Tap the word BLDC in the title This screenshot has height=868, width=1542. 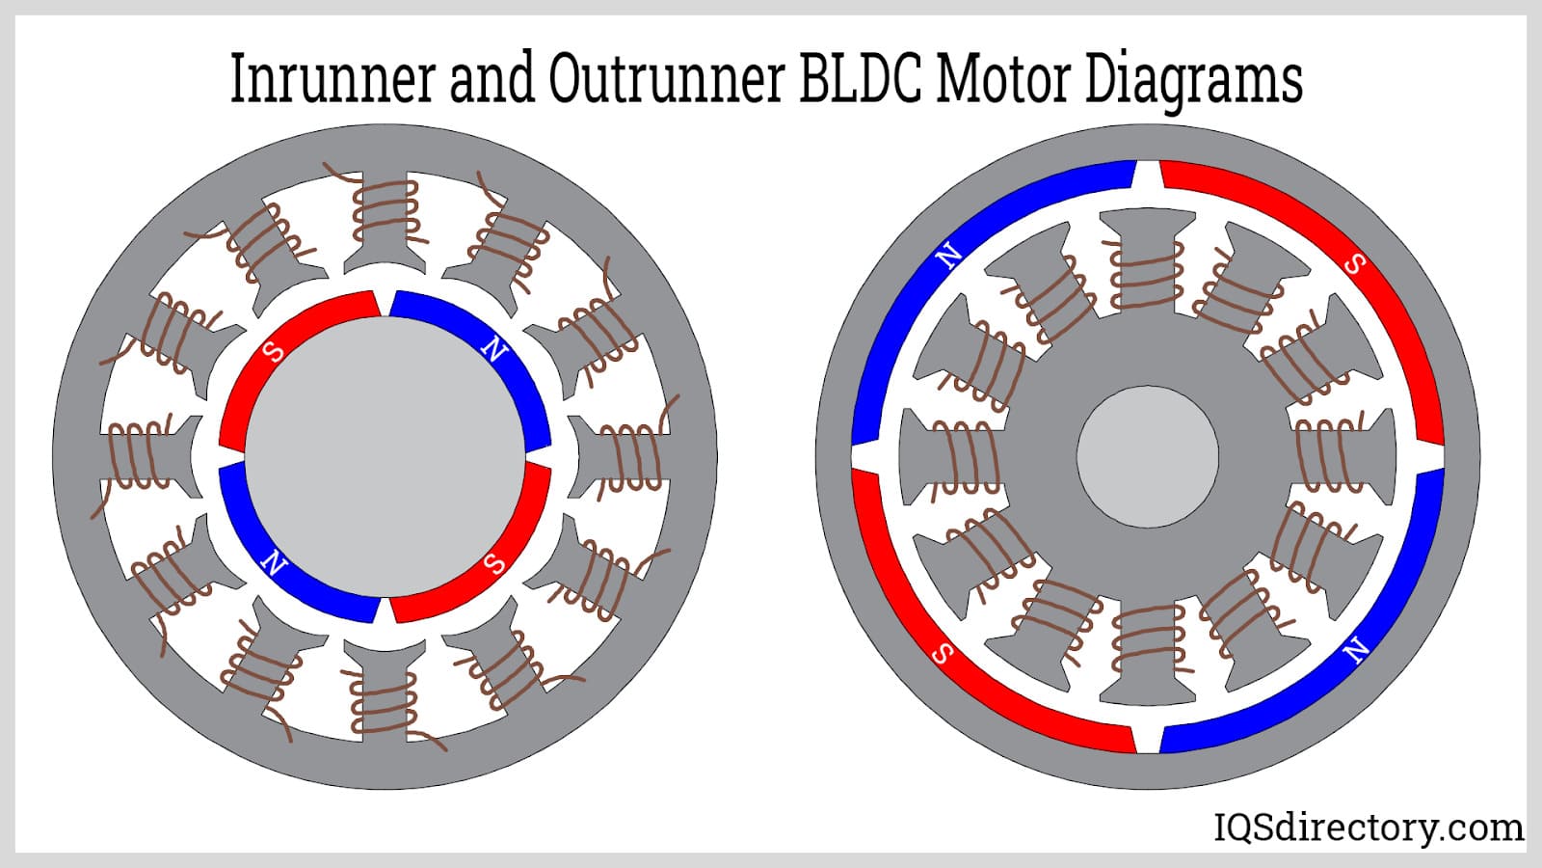coord(862,79)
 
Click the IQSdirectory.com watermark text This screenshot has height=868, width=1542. coord(1368,827)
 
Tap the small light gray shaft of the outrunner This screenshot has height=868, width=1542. coord(1147,456)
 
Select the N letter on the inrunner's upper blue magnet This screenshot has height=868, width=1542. coord(494,350)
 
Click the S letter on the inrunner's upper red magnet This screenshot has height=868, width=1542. coord(275,351)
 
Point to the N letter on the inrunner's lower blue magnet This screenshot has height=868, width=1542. coord(275,562)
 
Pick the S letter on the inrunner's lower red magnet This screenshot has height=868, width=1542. coord(494,563)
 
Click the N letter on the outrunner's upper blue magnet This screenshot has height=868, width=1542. coord(949,256)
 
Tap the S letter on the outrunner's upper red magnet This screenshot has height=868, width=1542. coord(1354,263)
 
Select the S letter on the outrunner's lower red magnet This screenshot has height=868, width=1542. coord(944,654)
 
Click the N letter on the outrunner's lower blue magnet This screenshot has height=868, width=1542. coord(1357,651)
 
